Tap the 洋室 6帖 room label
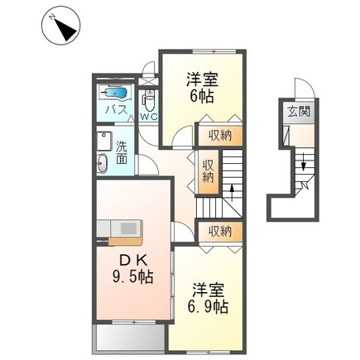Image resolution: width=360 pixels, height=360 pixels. (202, 87)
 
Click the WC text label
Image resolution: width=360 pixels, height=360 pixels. (148, 118)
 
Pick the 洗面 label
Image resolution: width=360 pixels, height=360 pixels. (122, 152)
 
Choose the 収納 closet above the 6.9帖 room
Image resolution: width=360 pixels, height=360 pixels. (219, 230)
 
